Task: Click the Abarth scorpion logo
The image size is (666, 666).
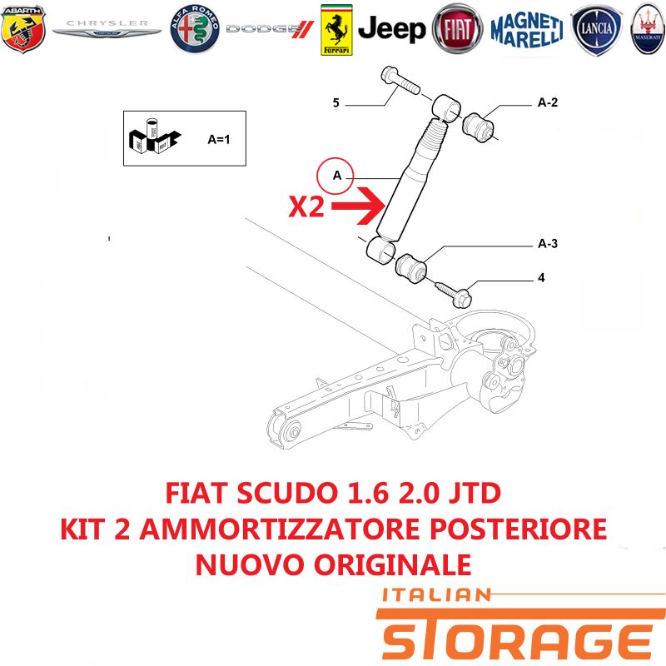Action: coord(23,29)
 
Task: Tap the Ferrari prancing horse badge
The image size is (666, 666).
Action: coord(336,30)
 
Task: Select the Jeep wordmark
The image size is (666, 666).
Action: coord(391,29)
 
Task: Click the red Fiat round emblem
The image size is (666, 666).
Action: coord(457,29)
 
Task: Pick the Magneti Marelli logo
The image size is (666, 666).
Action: coord(527,29)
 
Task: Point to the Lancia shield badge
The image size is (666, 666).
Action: coord(596,30)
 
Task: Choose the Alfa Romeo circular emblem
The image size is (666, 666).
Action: coord(195,29)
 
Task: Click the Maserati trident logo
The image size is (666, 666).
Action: coord(649,29)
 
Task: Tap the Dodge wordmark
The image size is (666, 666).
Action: coord(270,29)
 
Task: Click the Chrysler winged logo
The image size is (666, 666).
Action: coord(107,28)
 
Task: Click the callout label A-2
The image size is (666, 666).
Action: coord(548,102)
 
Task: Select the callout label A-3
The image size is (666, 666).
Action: coord(548,243)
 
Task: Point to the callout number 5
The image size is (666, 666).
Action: coord(336,102)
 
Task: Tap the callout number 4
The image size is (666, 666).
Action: coord(541,278)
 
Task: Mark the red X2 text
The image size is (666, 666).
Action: coord(306,206)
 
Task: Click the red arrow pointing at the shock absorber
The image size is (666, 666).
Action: coord(358,206)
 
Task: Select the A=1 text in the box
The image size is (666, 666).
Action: coord(219,139)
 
